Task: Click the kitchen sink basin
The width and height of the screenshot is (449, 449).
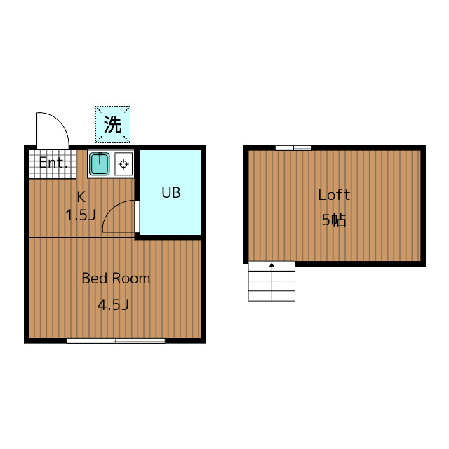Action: (x=99, y=163)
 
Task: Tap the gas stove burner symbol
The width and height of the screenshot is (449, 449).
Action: (x=123, y=164)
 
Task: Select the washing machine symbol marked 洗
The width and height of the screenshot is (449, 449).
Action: (x=113, y=125)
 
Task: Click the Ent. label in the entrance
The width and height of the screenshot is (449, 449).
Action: (x=53, y=163)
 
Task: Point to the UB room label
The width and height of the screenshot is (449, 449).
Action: (x=171, y=193)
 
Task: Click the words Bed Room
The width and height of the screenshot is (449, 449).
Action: (x=116, y=279)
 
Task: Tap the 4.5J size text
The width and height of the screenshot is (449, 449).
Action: (x=113, y=304)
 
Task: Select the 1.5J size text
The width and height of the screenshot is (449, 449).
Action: (x=80, y=215)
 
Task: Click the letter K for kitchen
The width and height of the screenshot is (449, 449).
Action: (x=81, y=197)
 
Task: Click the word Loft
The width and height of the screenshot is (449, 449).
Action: (x=334, y=195)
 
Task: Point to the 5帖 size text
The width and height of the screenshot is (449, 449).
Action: (x=334, y=220)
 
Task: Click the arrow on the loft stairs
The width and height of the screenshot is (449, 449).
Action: (x=272, y=282)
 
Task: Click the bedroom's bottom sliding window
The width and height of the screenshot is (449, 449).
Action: (x=116, y=341)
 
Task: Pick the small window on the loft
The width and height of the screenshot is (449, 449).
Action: (x=293, y=148)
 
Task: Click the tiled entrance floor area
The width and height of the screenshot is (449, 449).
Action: (x=53, y=164)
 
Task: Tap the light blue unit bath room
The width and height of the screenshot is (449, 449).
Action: (x=170, y=192)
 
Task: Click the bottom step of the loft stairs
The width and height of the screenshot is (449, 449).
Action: (x=272, y=296)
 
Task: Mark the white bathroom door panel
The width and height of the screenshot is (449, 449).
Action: (x=137, y=216)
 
